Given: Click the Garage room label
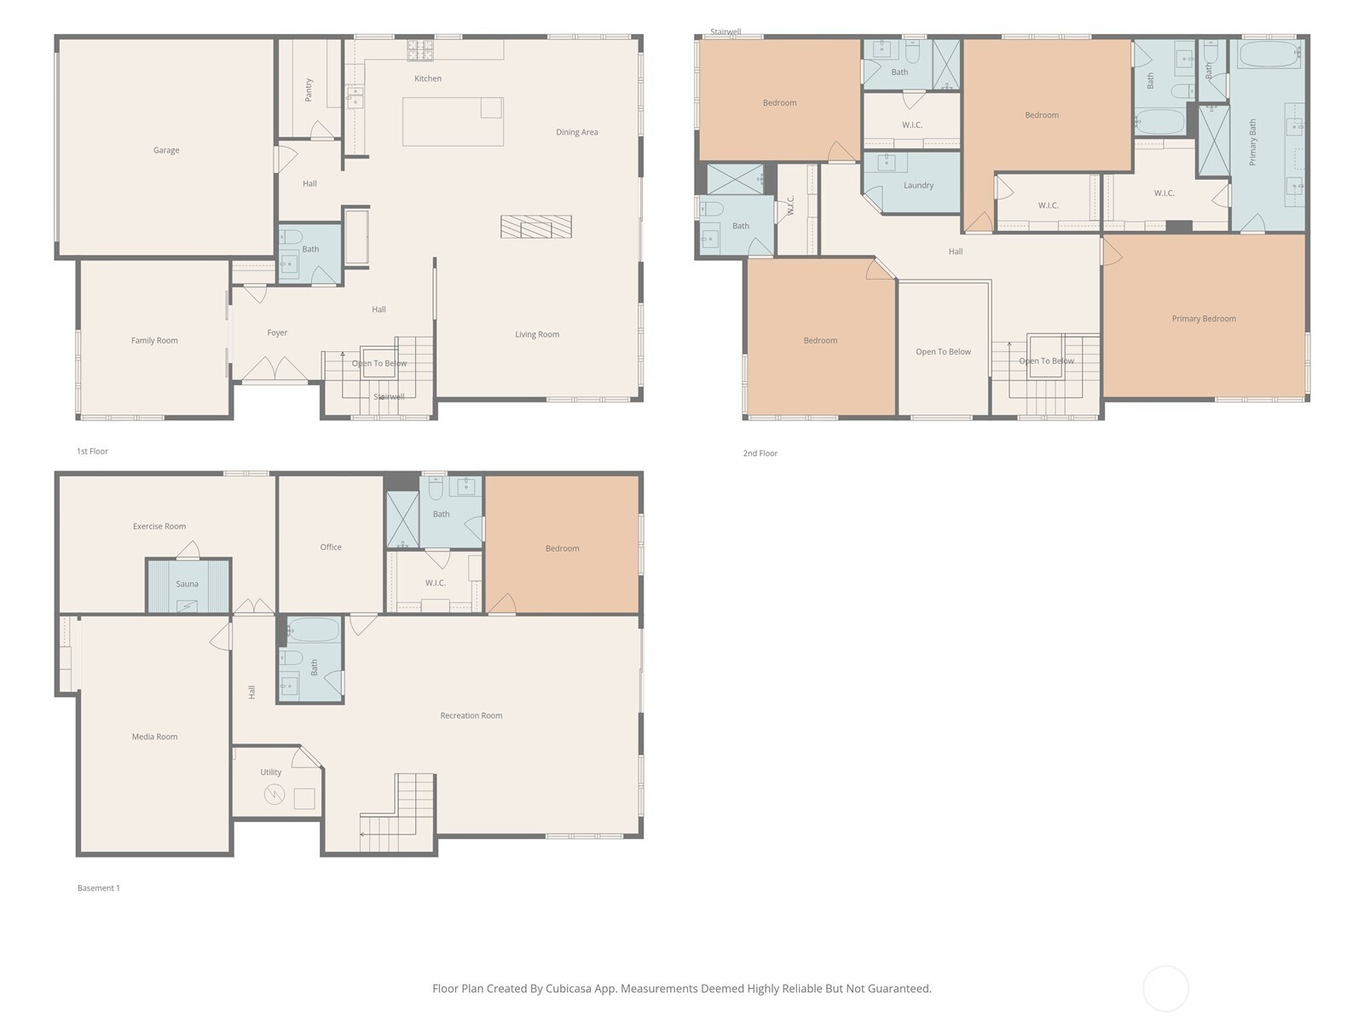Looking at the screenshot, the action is [x=166, y=150].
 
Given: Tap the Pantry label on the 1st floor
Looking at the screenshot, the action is [x=309, y=90].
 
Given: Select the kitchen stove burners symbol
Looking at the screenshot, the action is [x=420, y=50].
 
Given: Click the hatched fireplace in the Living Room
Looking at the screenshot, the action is [x=535, y=227].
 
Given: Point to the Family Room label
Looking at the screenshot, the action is [x=154, y=340].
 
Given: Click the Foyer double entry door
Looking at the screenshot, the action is [x=274, y=369].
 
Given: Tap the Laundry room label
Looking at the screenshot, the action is [x=918, y=185].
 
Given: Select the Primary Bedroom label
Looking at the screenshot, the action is [x=1204, y=319].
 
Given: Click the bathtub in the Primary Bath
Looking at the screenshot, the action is [x=1269, y=55].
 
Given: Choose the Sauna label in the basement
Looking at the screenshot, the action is [x=187, y=584].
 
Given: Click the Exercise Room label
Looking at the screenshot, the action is [x=159, y=526].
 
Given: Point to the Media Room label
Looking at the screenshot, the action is [x=155, y=737].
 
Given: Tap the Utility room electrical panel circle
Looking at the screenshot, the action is [x=275, y=795].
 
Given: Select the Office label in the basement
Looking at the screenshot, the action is [x=331, y=547].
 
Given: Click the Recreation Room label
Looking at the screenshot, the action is [x=471, y=715].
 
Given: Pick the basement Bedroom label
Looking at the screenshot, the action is [x=563, y=548].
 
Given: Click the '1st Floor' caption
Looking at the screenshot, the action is [x=92, y=452].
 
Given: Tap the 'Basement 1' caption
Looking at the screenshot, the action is [x=99, y=888].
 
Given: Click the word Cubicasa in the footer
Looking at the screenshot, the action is [x=569, y=988].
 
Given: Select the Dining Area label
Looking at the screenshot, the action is [x=576, y=132].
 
